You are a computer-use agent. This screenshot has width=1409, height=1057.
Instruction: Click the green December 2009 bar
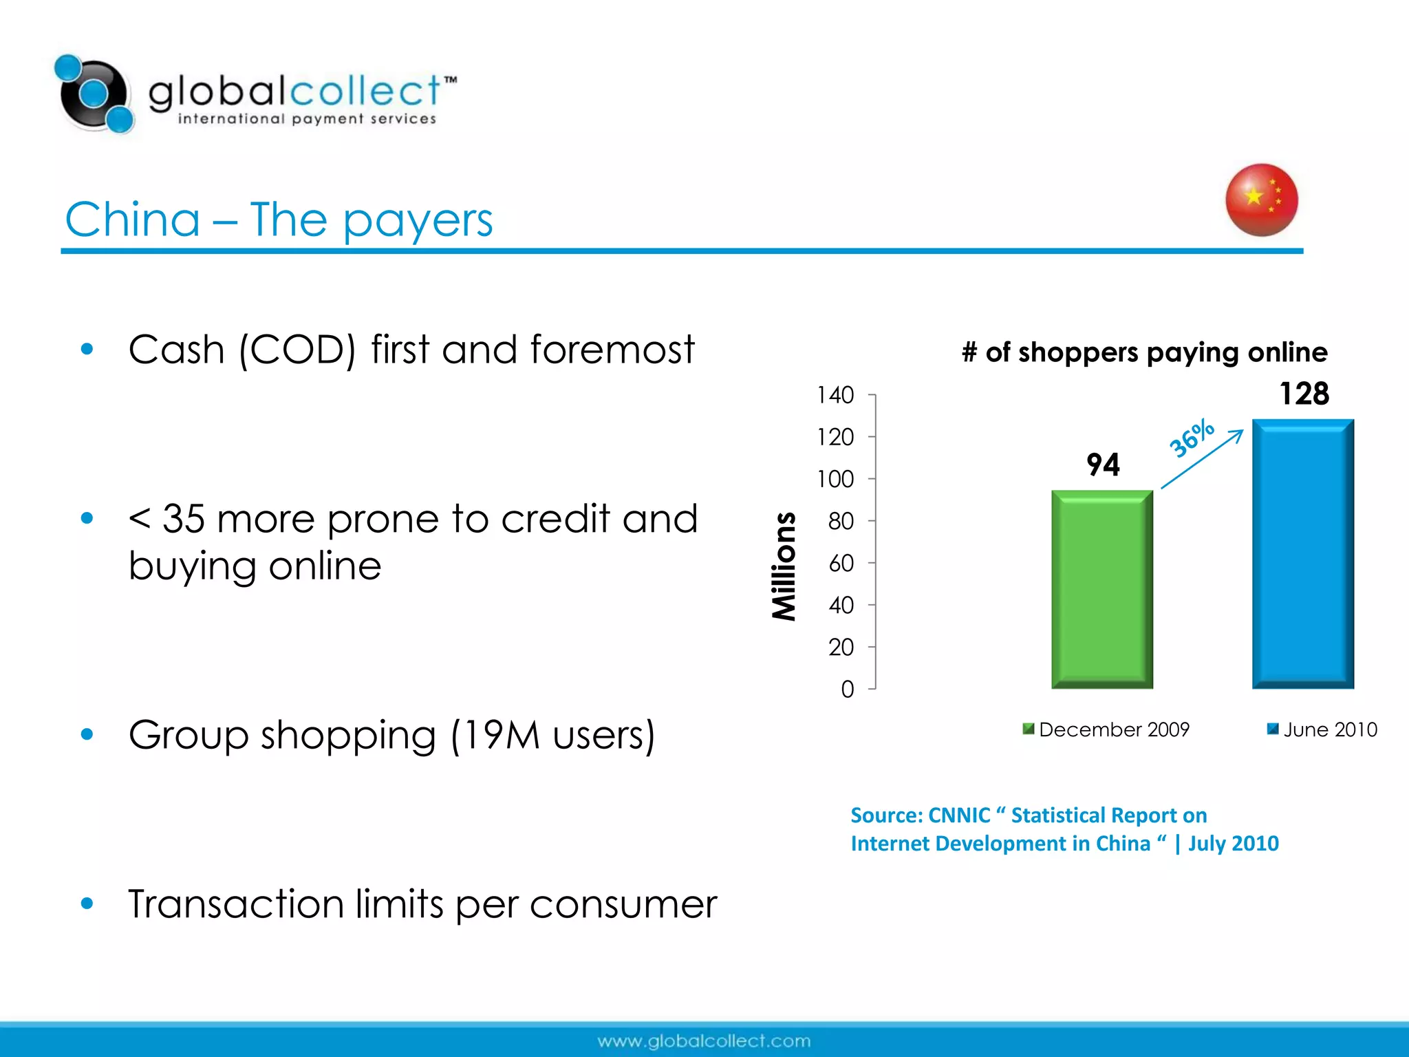coord(1101,589)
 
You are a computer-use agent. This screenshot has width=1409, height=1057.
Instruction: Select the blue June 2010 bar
coord(1302,554)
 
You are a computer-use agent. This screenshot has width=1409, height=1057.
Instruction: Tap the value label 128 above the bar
coord(1304,394)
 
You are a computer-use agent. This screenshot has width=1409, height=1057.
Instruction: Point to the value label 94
coord(1103,465)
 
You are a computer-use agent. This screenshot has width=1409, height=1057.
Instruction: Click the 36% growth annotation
coord(1192,438)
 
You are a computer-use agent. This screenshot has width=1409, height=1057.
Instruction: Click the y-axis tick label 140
coord(835,395)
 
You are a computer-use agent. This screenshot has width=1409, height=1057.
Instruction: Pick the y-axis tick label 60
coord(841,564)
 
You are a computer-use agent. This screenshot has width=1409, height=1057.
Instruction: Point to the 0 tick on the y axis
coord(847,689)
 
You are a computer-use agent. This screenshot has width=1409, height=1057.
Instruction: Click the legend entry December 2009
coord(1113,729)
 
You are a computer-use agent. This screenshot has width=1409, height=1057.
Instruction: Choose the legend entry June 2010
coord(1329,729)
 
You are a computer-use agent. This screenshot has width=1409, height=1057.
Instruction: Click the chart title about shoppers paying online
coord(1144,352)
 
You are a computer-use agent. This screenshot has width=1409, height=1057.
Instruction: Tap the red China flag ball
coord(1261,200)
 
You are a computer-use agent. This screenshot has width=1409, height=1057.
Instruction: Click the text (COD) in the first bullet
coord(297,350)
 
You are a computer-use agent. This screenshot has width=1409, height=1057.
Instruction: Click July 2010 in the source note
coord(1233,844)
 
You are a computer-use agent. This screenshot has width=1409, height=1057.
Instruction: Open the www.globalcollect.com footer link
coord(704,1041)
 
